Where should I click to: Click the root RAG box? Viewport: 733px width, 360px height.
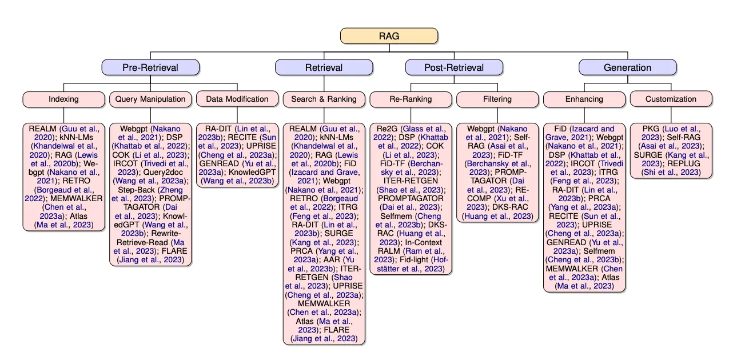[x=389, y=36]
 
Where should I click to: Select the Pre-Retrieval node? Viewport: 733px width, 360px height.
[x=150, y=67]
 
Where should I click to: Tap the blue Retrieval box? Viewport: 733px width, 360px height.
[x=324, y=67]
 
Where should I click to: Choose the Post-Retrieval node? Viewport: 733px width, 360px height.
[x=454, y=67]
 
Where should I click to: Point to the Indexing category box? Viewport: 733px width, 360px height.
[x=63, y=99]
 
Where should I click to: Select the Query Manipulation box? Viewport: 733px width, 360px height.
[x=150, y=99]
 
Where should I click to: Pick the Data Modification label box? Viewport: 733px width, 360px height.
[x=237, y=99]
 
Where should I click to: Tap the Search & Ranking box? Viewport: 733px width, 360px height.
[x=324, y=99]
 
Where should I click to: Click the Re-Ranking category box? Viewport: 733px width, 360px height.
[x=411, y=99]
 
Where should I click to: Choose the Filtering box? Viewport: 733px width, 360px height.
[x=497, y=99]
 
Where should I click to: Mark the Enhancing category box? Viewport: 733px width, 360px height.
[x=584, y=99]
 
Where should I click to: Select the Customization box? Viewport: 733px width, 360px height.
[x=671, y=99]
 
